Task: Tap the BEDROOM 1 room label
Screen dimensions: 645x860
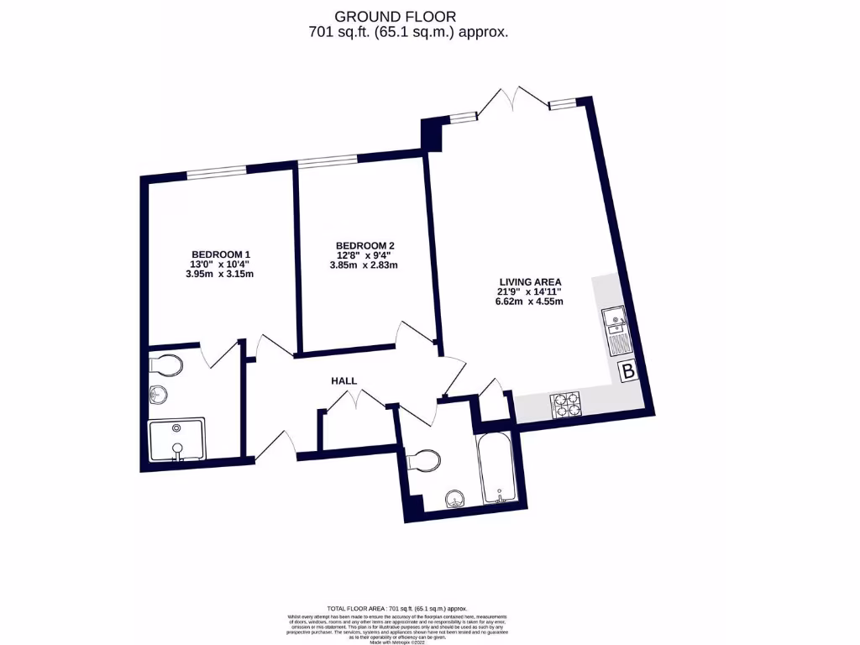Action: coord(221,254)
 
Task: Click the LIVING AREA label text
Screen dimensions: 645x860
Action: coord(529,282)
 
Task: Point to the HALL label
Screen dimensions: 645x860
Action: coord(343,381)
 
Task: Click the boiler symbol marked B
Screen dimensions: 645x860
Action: coord(627,373)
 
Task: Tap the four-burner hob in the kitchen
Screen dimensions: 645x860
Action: coord(566,406)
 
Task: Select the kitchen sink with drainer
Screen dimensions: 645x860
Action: coord(613,329)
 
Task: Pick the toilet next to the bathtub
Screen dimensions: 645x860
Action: coord(424,461)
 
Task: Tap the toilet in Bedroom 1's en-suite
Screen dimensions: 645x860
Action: coord(165,366)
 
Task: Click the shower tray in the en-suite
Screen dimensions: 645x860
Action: coord(176,440)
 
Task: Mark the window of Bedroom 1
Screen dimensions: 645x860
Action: coord(216,172)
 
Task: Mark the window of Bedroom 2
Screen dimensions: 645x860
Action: coord(327,160)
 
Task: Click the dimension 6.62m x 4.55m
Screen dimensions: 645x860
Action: coord(529,302)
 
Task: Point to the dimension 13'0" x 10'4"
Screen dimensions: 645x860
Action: coord(221,265)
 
